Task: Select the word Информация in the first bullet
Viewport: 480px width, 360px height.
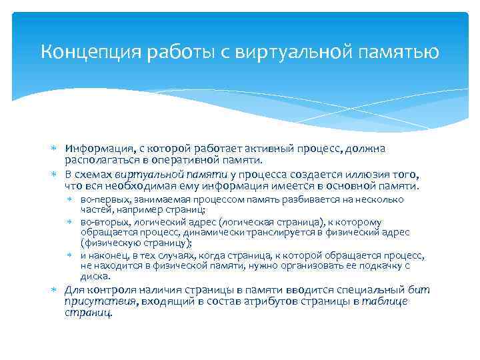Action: (92, 148)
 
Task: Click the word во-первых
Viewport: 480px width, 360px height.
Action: (101, 199)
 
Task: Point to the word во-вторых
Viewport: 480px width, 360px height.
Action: (101, 223)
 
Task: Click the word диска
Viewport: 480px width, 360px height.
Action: (93, 276)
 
